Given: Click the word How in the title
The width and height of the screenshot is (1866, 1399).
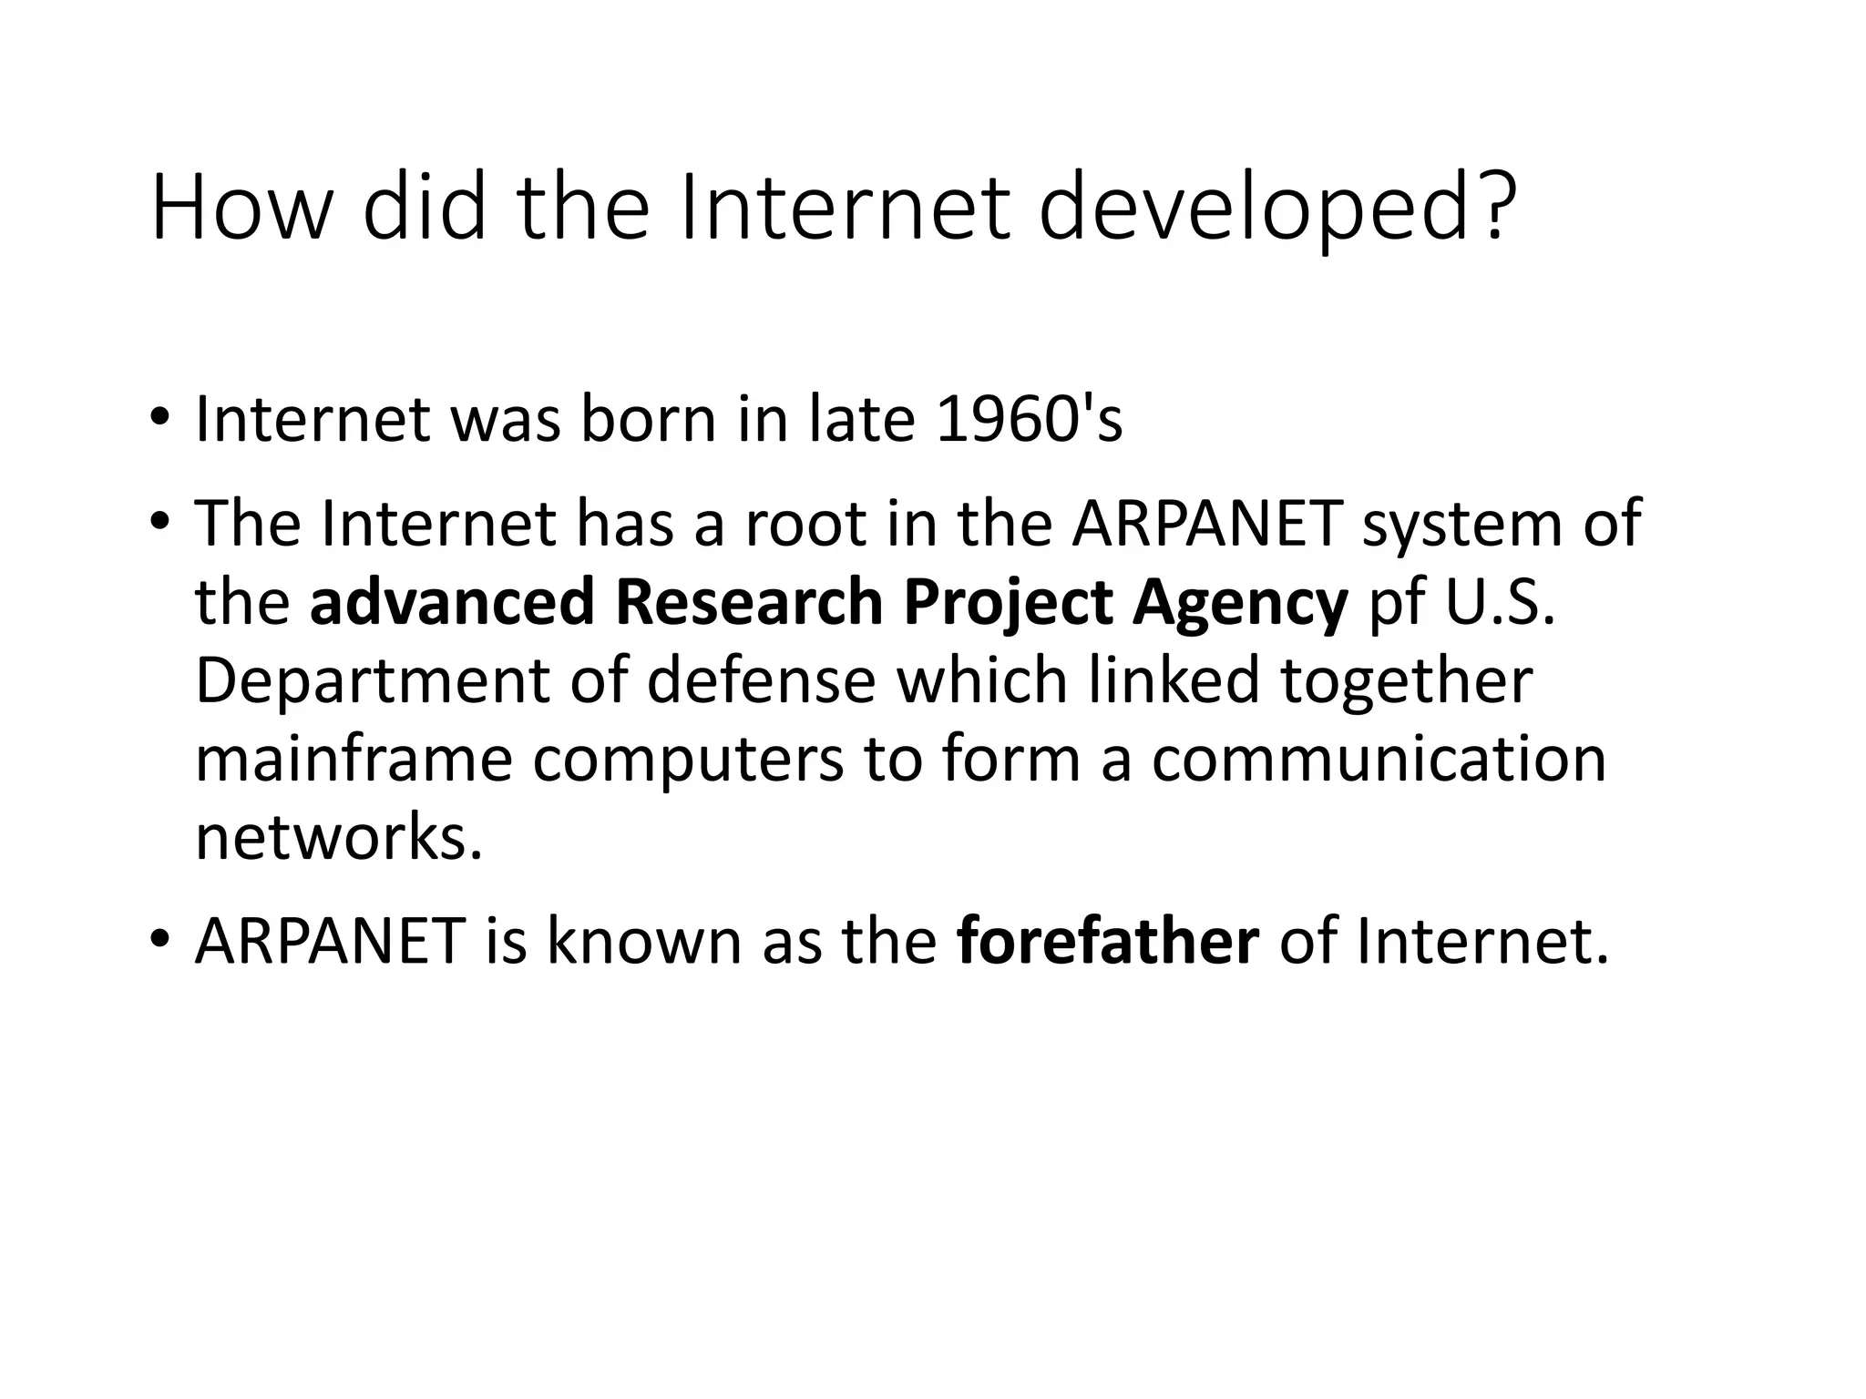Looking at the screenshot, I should [x=240, y=209].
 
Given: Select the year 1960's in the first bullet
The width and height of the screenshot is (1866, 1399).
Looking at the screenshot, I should [x=1029, y=419].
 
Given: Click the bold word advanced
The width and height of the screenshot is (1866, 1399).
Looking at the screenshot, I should [x=451, y=602].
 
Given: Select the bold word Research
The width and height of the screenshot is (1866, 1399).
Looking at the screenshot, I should [x=749, y=602].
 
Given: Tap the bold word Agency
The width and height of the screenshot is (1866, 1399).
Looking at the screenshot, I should [x=1239, y=602].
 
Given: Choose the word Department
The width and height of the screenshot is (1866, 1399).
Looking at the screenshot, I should [x=372, y=681].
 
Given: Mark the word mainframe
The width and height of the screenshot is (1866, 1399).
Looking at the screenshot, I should [x=354, y=759].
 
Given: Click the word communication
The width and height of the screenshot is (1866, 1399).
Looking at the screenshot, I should [x=1379, y=759].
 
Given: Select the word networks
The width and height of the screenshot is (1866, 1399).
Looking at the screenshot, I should [x=338, y=837].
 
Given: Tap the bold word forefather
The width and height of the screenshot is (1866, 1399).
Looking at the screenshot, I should [x=1108, y=941].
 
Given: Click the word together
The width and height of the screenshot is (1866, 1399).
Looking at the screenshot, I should [x=1407, y=681].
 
